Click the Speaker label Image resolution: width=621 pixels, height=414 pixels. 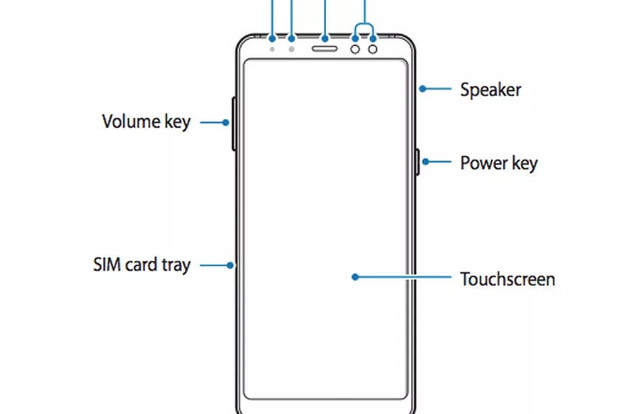[490, 90]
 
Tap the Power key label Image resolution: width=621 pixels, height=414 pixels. [498, 163]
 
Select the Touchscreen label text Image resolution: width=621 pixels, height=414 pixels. [507, 279]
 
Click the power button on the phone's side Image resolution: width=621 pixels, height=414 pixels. [418, 162]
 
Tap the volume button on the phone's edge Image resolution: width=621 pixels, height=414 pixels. [234, 123]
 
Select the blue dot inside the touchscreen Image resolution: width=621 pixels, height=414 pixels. [356, 277]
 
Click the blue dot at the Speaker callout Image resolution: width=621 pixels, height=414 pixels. [422, 89]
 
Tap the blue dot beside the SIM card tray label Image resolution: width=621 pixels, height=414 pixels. [231, 265]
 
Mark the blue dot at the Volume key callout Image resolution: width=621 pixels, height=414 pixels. [225, 123]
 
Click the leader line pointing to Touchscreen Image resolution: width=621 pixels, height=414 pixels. [403, 277]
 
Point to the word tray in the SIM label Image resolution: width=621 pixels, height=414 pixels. [175, 265]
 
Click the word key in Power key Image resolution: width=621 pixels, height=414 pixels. [524, 163]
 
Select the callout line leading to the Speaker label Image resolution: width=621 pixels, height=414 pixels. [437, 89]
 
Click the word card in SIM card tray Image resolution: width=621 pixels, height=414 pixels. [143, 265]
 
